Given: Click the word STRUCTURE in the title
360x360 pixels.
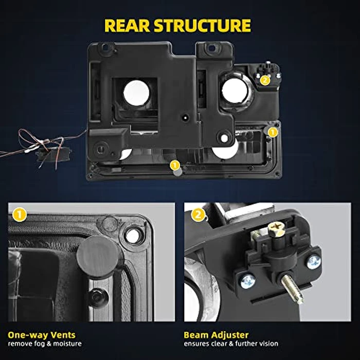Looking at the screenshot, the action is click(202, 25).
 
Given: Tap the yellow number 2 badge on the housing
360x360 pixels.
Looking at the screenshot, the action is click(265, 80).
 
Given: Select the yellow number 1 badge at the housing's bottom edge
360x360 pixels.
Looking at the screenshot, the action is click(175, 165).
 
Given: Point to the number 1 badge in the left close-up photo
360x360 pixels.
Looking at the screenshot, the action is click(20, 215).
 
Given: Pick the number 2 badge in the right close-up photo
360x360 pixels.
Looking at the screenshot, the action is click(198, 215).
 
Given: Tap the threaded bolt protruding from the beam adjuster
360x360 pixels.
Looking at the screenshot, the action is click(292, 289).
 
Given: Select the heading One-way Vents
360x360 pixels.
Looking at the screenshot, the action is click(42, 335).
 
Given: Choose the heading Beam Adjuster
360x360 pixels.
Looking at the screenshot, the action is click(216, 335).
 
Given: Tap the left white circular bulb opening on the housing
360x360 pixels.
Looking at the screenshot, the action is click(136, 93).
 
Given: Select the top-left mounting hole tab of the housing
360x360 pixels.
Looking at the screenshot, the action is click(106, 47).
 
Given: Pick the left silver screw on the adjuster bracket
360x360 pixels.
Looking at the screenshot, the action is click(248, 282).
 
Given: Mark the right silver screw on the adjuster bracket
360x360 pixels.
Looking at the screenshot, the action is click(313, 262).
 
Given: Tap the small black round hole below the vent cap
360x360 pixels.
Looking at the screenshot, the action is click(96, 297).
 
